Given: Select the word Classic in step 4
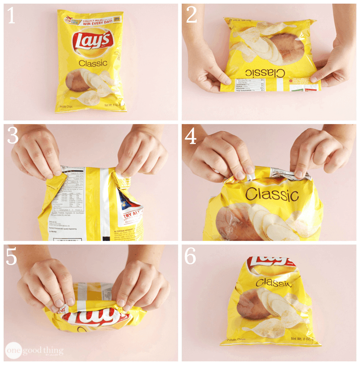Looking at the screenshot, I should click(272, 195).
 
